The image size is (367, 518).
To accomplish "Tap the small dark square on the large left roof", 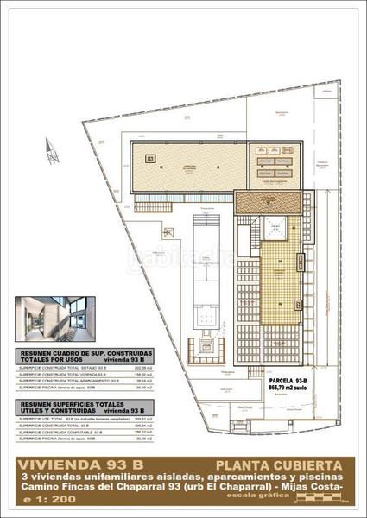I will coord(150,158).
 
